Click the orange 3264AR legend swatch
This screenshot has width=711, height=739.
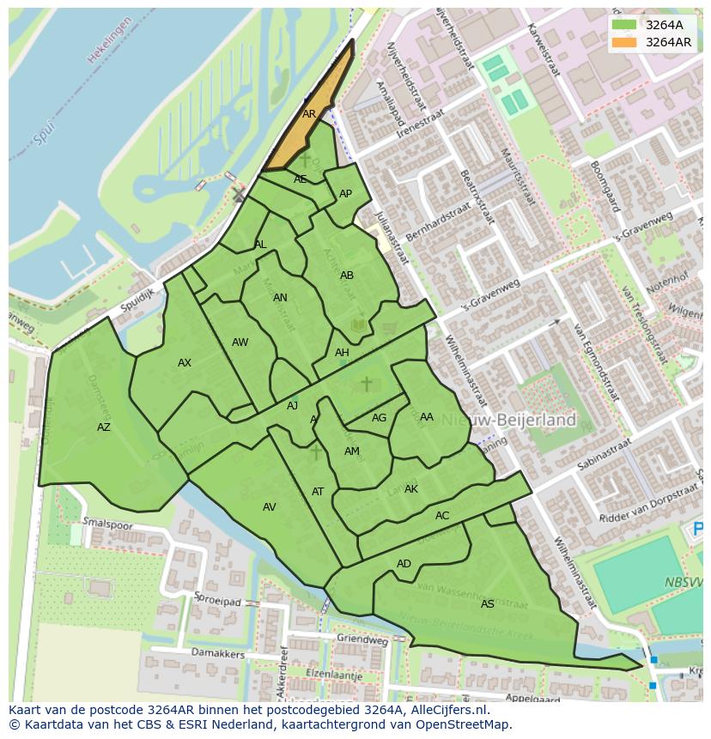click(x=624, y=42)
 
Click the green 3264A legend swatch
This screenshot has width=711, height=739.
click(x=624, y=25)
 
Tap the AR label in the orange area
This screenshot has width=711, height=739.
click(x=309, y=113)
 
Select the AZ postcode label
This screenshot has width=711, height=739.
click(x=104, y=427)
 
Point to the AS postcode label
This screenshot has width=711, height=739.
click(x=487, y=604)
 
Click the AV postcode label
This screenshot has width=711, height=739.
click(x=270, y=507)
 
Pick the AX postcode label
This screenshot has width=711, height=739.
click(x=185, y=363)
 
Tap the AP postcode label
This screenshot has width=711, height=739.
click(x=345, y=194)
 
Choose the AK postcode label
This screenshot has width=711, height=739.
click(x=410, y=489)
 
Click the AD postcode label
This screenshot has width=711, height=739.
click(x=404, y=564)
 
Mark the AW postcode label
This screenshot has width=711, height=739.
click(x=240, y=342)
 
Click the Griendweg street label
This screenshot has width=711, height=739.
click(x=362, y=639)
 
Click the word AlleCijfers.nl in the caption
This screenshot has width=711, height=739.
click(x=447, y=711)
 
